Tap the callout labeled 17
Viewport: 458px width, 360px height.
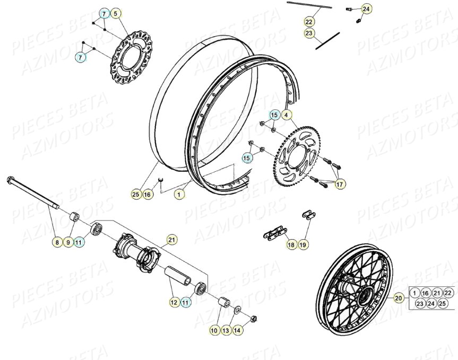[340, 185]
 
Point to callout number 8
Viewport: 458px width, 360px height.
[56, 242]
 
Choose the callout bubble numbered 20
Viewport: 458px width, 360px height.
[398, 298]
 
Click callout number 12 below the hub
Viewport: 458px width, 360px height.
[174, 302]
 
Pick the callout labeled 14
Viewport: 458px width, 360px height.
[237, 330]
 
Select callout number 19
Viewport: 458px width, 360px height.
[303, 244]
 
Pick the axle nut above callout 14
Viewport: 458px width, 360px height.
[253, 318]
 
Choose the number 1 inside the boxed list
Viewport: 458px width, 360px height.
[414, 293]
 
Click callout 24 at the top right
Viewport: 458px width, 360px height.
[367, 8]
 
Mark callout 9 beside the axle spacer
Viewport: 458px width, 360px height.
[67, 242]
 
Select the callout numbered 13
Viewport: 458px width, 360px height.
[226, 330]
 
